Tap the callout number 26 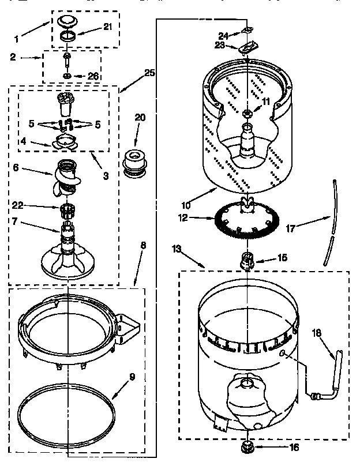pos(93,76)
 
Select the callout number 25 pos(149,73)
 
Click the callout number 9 pos(132,378)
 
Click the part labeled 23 pos(247,47)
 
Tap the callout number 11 pos(265,102)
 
